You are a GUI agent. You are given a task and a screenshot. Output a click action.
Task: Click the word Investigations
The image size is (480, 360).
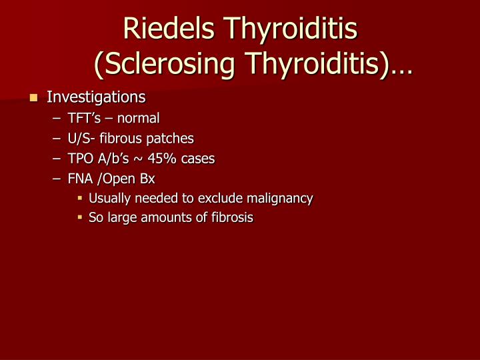click(96, 97)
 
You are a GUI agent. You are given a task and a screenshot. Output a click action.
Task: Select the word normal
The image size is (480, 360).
click(139, 119)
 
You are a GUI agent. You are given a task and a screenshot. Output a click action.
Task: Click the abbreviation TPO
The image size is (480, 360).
click(79, 159)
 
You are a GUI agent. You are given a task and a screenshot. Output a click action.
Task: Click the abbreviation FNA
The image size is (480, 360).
click(80, 179)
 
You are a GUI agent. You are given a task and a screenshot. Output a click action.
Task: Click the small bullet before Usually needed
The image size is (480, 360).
click(79, 198)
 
